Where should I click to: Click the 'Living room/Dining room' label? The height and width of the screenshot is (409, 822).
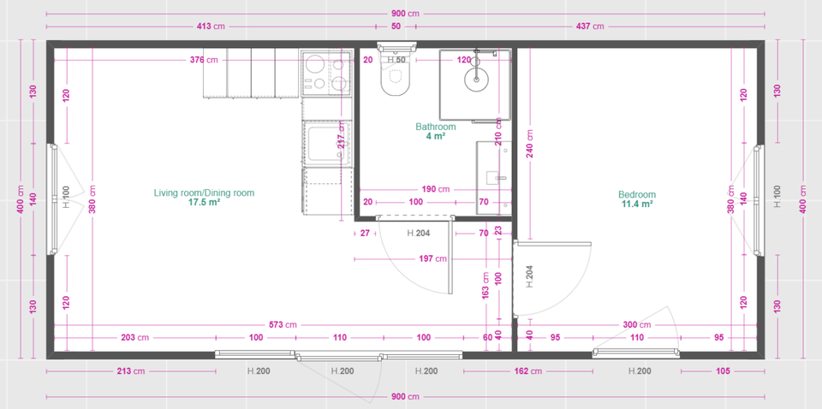coord(204,193)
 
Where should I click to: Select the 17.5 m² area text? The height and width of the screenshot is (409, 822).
coord(204,204)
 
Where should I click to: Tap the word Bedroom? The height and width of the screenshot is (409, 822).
coord(638,194)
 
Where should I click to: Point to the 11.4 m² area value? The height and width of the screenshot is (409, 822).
coord(638,204)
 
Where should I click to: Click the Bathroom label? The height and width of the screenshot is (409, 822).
coord(436,127)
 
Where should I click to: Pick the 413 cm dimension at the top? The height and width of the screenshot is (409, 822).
coord(210,27)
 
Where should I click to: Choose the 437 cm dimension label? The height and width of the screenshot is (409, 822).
coord(591,27)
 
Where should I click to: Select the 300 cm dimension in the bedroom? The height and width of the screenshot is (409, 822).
coord(636,325)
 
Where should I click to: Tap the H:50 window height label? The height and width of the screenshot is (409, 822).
coord(396,60)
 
